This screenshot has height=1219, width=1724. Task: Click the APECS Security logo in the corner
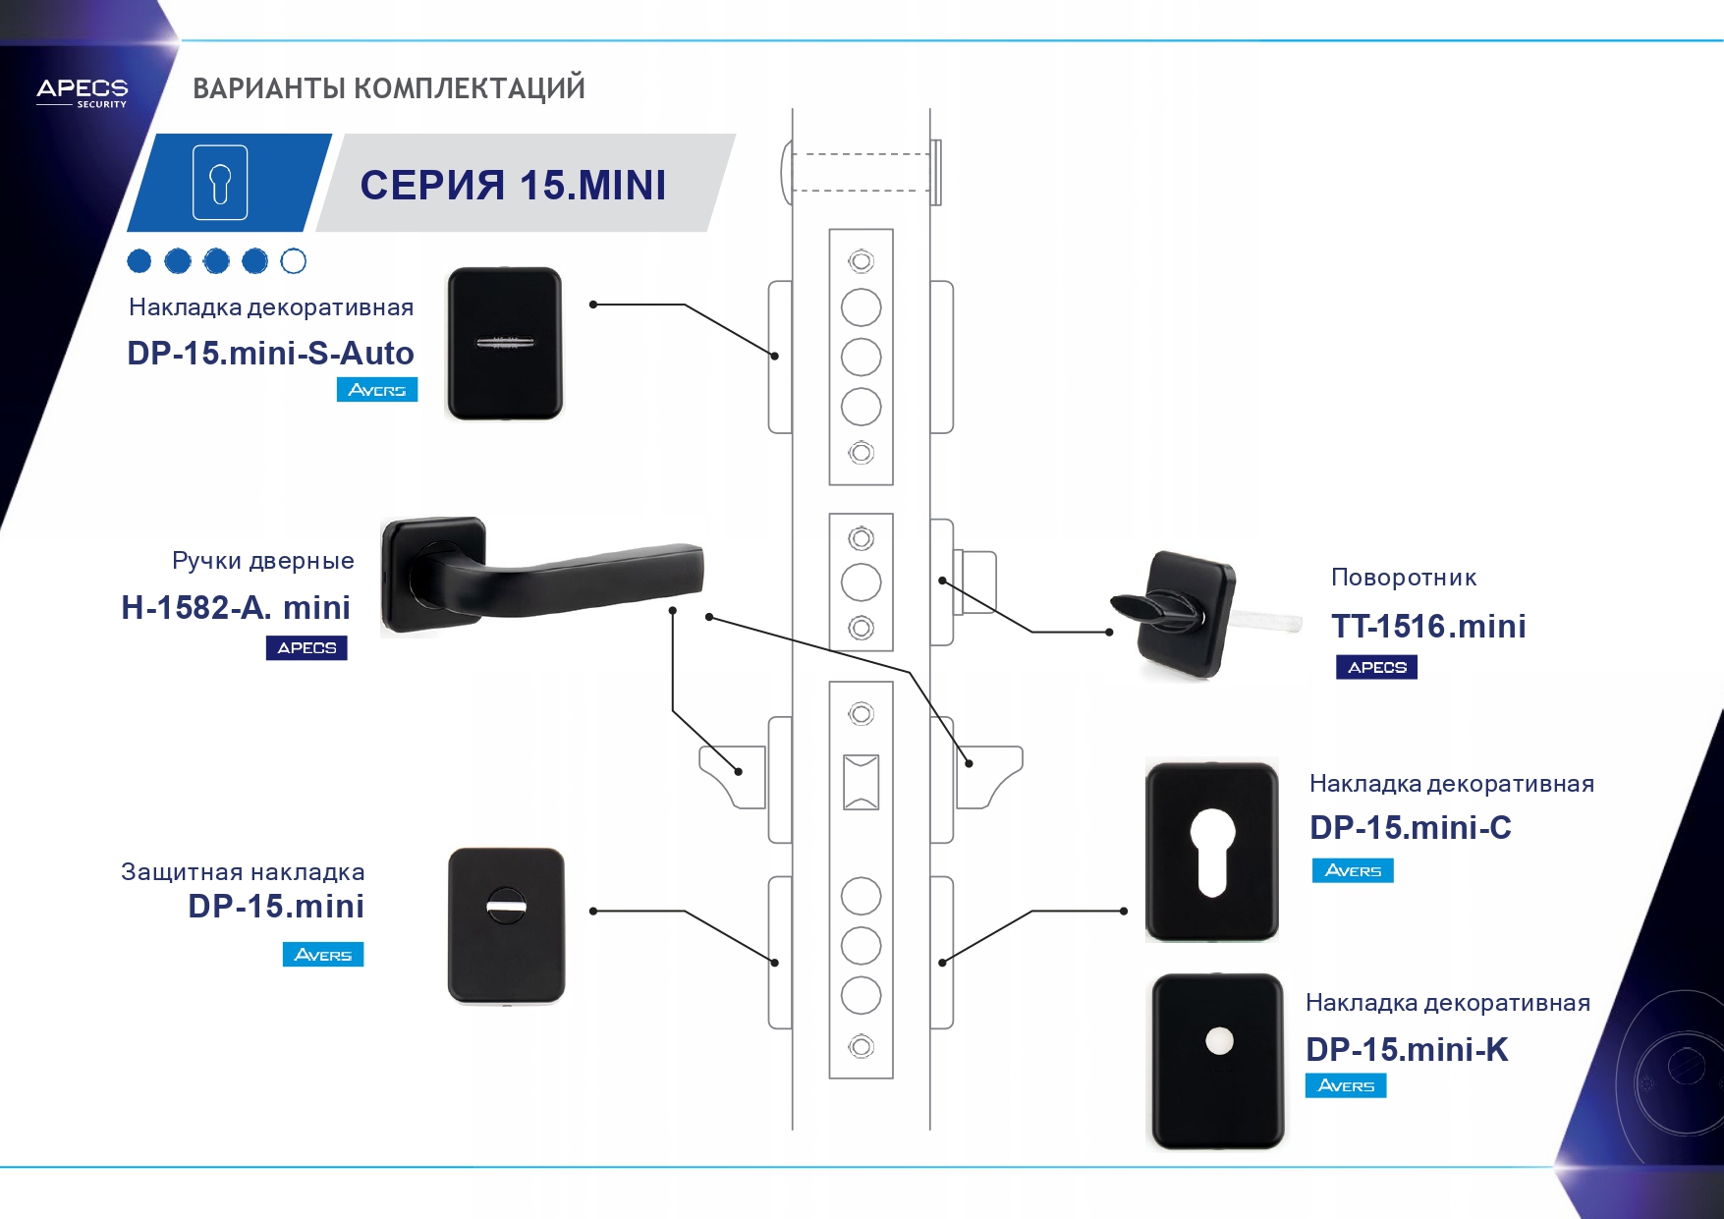pos(83,92)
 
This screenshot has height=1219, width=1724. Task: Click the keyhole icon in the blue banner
pos(220,183)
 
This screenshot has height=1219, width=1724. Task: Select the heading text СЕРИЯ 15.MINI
pos(513,185)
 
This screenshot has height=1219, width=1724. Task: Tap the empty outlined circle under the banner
pos(294,261)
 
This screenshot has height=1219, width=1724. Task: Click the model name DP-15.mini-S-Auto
pos(270,353)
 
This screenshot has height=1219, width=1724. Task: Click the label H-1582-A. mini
pos(236,607)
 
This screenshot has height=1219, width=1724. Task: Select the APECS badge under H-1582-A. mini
pos(306,648)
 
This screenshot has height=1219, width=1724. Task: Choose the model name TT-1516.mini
pos(1428,626)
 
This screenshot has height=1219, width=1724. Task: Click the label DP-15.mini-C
pos(1410,828)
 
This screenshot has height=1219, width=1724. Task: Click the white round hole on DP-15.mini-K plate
pos(1219,1041)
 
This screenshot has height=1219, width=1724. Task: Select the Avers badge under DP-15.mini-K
pos(1345,1085)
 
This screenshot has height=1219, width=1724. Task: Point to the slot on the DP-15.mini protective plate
pos(507,906)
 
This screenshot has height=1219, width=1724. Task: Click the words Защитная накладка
pos(243,871)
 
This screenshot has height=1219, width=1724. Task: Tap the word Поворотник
pos(1404,578)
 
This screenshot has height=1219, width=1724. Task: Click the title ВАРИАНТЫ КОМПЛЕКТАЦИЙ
pos(389,88)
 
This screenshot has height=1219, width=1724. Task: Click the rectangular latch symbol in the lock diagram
pos(862,782)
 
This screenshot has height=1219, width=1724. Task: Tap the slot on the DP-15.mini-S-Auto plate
pos(505,343)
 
